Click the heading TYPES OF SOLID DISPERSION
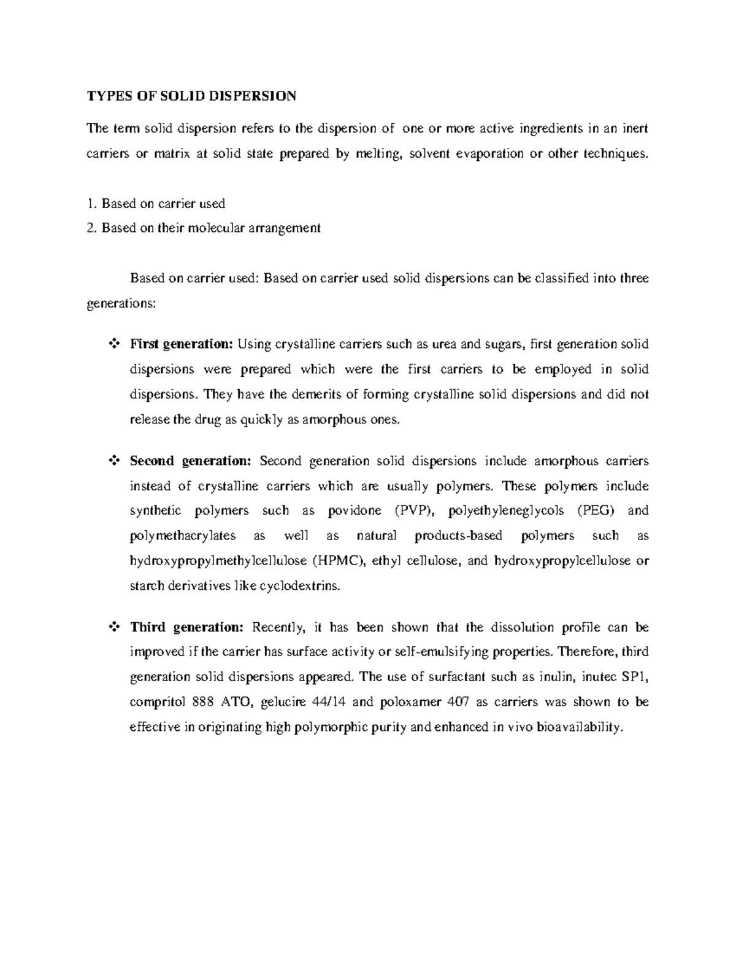coord(191,96)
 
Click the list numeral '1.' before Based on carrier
coord(91,203)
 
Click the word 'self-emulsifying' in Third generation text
coord(442,652)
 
